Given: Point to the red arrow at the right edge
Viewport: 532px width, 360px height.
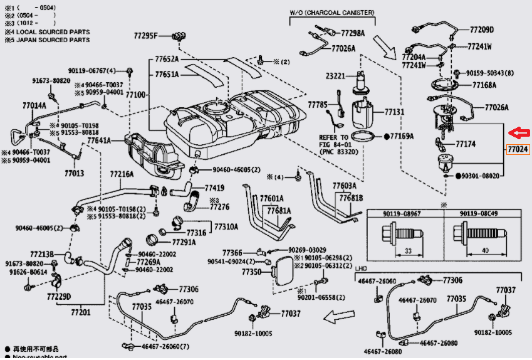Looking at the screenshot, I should (x=518, y=133).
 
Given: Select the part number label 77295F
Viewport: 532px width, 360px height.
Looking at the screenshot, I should (x=145, y=35).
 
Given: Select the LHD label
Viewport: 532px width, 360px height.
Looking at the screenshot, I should (x=361, y=268).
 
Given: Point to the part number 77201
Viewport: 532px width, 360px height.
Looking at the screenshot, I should (x=81, y=312).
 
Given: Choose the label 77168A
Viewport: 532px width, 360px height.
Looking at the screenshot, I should (x=484, y=85).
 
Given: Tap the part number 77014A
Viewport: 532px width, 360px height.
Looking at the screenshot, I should (x=35, y=106).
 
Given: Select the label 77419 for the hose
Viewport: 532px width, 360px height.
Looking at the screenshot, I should (x=214, y=188).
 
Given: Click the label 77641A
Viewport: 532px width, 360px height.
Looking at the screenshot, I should (x=99, y=141).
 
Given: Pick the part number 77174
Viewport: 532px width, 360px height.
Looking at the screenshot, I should (x=466, y=144).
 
